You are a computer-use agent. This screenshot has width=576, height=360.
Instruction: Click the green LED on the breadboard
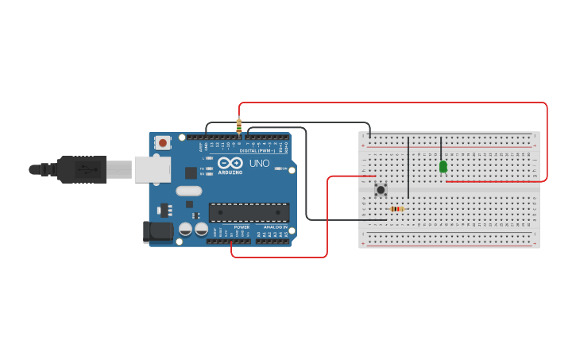pyautogui.click(x=443, y=167)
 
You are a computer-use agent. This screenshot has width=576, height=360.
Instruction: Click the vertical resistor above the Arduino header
pyautogui.click(x=238, y=126)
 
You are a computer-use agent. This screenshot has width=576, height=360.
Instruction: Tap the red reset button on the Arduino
pyautogui.click(x=163, y=143)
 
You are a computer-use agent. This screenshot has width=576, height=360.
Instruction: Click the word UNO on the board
pyautogui.click(x=260, y=164)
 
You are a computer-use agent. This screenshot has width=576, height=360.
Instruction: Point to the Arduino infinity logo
pyautogui.click(x=230, y=162)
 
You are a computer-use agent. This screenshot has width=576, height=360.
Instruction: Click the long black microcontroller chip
pyautogui.click(x=249, y=212)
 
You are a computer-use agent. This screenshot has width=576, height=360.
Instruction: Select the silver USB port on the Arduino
pyautogui.click(x=152, y=169)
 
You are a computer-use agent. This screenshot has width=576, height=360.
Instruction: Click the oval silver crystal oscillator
pyautogui.click(x=189, y=191)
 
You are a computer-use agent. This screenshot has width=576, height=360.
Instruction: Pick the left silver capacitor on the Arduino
pyautogui.click(x=186, y=229)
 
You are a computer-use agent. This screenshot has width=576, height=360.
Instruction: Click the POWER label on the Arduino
pyautogui.click(x=242, y=226)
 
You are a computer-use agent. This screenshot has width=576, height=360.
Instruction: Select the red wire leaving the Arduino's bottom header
pyautogui.click(x=278, y=257)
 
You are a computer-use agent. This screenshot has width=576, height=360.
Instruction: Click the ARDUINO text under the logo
pyautogui.click(x=230, y=172)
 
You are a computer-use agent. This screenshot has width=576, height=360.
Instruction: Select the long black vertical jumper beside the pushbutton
pyautogui.click(x=408, y=167)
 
